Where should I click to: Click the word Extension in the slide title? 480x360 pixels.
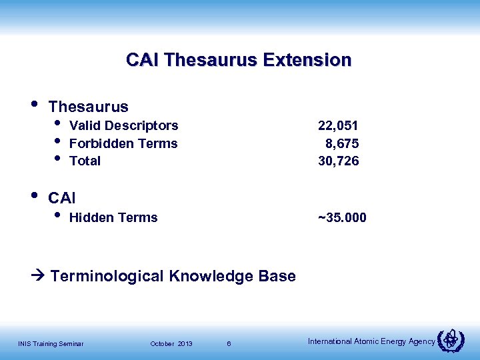[x=307, y=60]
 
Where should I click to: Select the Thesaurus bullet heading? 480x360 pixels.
[x=89, y=107]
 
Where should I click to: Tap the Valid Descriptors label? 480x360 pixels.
[x=124, y=126]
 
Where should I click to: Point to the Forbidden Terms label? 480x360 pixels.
[x=123, y=143]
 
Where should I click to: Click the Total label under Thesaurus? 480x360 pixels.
[x=85, y=161]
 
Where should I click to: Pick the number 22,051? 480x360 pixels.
[x=339, y=126]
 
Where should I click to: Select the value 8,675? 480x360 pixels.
[x=342, y=143]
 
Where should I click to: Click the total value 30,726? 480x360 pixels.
[x=339, y=161]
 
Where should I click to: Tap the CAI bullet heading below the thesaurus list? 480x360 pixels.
[x=63, y=198]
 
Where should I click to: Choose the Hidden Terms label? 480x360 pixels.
[x=113, y=217]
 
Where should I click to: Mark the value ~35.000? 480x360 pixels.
[x=342, y=218]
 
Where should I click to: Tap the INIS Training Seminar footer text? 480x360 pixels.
[x=51, y=344]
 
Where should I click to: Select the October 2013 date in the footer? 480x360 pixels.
[x=171, y=344]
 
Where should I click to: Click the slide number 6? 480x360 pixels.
[x=229, y=344]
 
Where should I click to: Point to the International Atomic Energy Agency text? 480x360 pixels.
[x=371, y=341]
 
